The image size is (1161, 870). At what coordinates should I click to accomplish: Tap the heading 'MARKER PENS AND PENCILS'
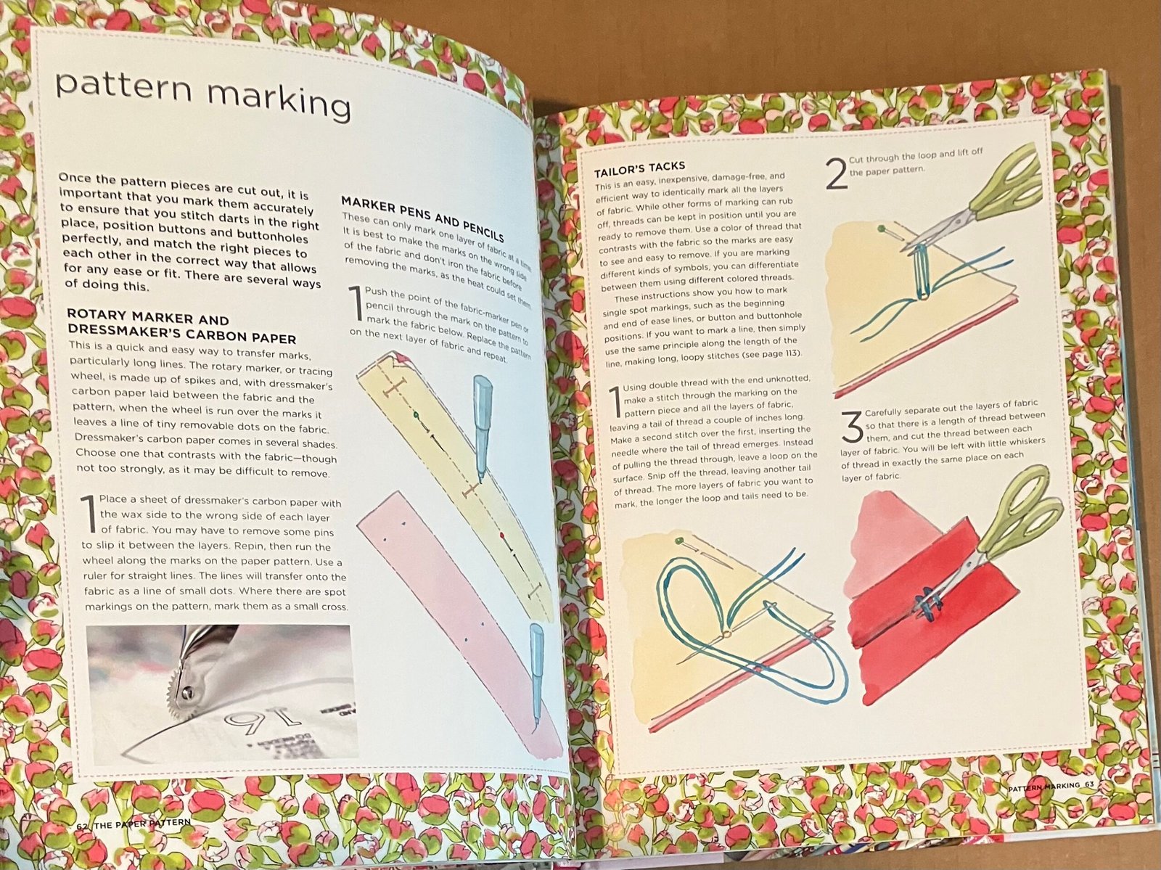(x=422, y=218)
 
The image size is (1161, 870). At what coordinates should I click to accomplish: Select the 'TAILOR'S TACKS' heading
(x=639, y=169)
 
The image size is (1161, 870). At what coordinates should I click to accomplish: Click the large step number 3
(x=852, y=427)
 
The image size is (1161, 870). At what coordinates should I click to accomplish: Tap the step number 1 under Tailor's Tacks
(x=615, y=402)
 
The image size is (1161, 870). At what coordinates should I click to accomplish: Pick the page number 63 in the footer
(x=1089, y=784)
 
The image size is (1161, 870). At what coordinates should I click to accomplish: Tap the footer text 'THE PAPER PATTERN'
(x=141, y=823)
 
